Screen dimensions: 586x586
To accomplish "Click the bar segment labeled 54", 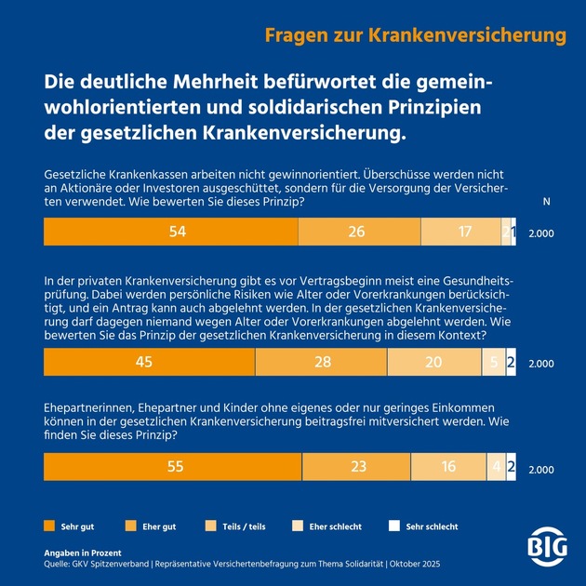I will coord(170,233).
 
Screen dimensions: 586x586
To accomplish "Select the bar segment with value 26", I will coord(357,233).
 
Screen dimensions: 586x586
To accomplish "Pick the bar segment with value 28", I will coord(321,362).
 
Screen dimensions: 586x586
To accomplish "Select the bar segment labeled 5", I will coord(493,362).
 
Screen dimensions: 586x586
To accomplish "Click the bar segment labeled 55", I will coord(173,467).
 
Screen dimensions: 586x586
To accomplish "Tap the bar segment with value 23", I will coord(357,467).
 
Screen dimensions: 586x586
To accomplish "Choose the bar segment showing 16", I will coord(449,467).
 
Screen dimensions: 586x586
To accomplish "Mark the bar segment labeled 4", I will coord(497,467).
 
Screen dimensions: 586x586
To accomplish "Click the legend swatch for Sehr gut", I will coord(48,526).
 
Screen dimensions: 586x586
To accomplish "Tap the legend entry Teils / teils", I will coord(243,526).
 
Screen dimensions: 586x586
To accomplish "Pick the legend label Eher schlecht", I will coord(336,526).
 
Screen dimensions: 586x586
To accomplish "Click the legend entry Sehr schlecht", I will coord(430,526).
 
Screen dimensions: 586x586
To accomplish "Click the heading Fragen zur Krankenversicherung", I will coord(416,35).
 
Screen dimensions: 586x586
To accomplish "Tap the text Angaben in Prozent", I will coord(82,553).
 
